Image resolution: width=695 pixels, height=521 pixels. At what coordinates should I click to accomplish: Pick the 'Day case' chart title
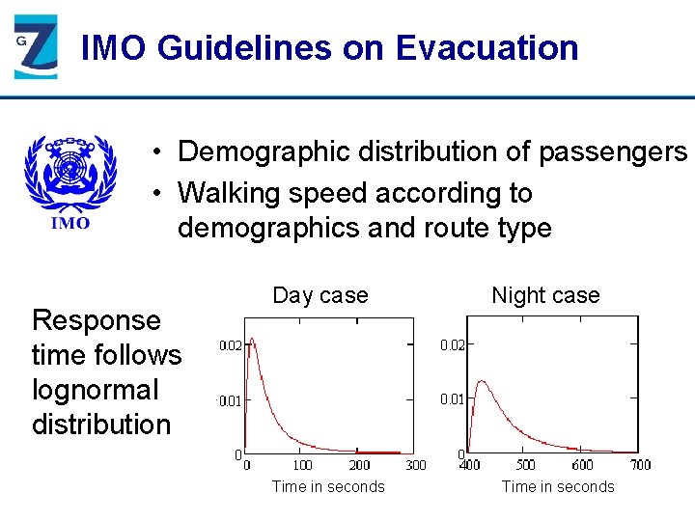[320, 295]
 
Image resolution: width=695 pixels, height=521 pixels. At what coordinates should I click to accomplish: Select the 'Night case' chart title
[545, 295]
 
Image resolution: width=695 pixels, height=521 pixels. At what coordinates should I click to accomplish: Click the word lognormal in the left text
[95, 390]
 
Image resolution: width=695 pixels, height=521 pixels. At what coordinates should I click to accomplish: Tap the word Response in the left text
[97, 320]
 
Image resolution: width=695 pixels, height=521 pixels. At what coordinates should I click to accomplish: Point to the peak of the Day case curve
[252, 340]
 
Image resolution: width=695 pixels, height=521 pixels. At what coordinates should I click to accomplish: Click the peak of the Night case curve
[482, 382]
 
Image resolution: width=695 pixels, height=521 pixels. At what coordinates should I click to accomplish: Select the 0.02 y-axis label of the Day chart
[230, 345]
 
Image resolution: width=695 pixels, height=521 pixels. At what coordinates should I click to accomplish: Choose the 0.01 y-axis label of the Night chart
[453, 399]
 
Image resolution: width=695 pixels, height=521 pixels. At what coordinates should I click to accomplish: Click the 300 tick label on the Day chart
[415, 465]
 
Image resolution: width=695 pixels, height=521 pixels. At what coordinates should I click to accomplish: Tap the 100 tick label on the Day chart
[302, 465]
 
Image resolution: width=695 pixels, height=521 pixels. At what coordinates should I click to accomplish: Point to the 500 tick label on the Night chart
[526, 465]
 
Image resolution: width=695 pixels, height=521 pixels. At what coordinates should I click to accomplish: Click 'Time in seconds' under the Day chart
[328, 486]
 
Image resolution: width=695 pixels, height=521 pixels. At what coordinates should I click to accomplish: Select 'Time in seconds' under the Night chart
[557, 486]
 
